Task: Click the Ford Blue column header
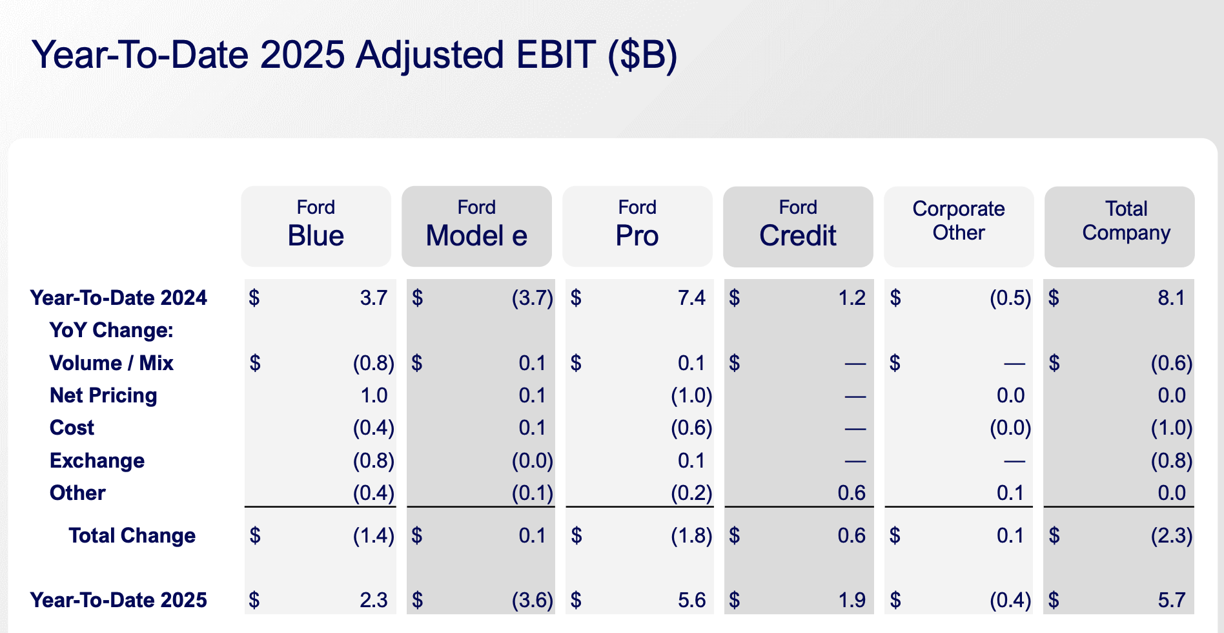(316, 226)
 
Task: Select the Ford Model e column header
(476, 226)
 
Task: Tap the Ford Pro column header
(637, 226)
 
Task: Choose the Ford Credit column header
(798, 226)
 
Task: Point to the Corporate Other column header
(959, 226)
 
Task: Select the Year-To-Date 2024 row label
(119, 298)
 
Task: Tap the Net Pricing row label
(103, 395)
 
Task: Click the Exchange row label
(97, 461)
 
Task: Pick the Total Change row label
(132, 535)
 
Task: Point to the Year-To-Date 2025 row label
(119, 600)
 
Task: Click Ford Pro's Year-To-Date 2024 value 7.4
(691, 298)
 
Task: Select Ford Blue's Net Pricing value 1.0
(374, 395)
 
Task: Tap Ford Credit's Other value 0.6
(852, 493)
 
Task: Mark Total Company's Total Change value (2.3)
(1172, 535)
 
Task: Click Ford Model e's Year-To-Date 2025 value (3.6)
(533, 600)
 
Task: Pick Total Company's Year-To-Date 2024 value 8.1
(1171, 298)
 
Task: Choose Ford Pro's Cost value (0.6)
(691, 428)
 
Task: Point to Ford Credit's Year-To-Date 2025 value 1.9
(852, 600)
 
